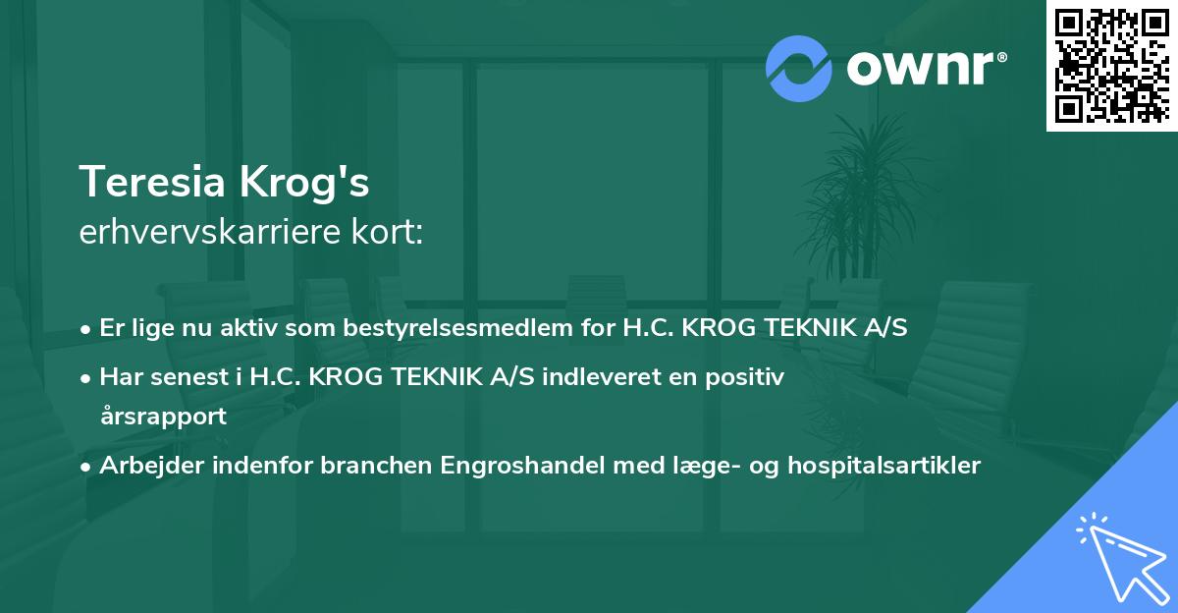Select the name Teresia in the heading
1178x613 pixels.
tap(151, 182)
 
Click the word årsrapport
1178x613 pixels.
tap(163, 416)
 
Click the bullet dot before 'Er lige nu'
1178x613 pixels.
tap(87, 329)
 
